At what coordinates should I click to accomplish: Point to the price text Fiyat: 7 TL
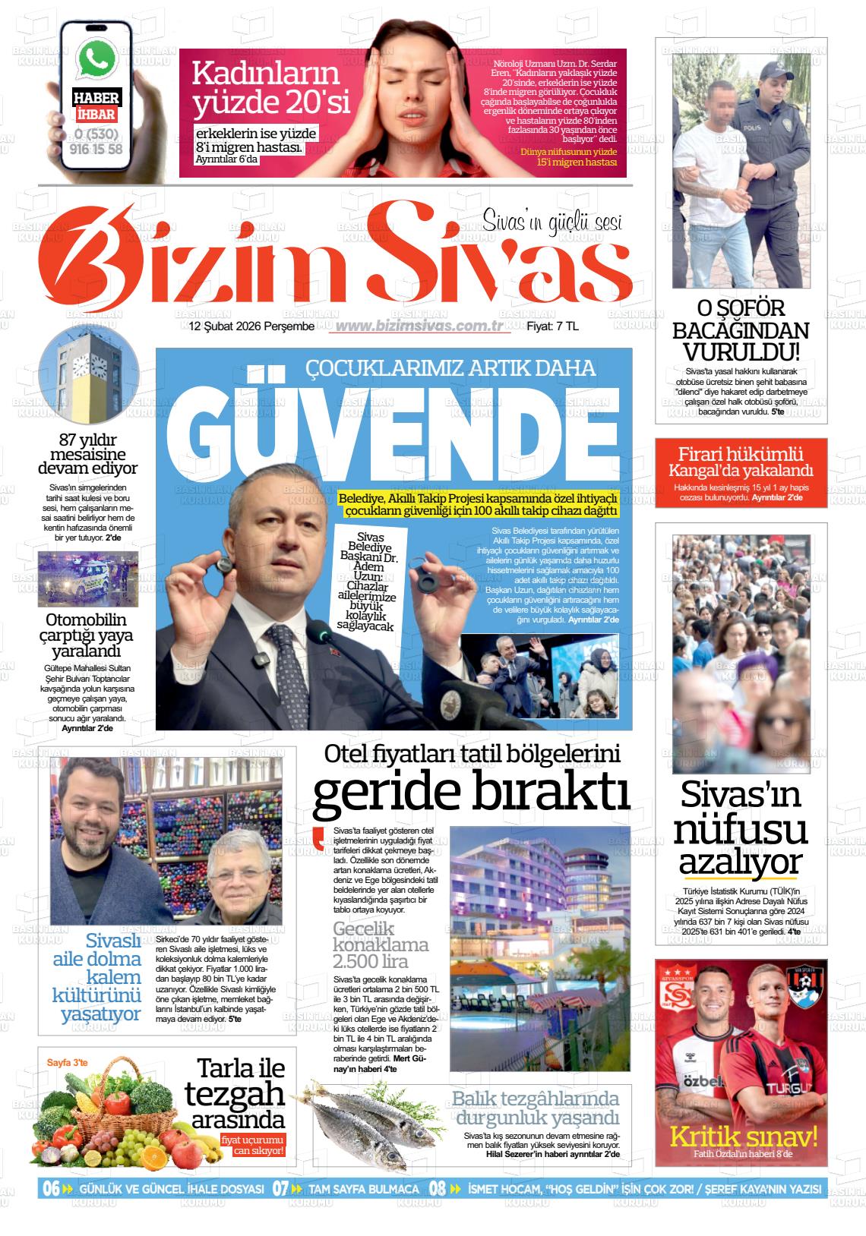coord(552,326)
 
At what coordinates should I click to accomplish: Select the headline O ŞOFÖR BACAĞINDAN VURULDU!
coord(741,330)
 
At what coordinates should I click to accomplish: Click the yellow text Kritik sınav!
coord(743,1137)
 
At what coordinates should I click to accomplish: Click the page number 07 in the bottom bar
coord(280,1188)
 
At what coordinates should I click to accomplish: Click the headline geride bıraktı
coord(471,793)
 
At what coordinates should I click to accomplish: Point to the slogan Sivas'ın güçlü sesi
coord(552,222)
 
